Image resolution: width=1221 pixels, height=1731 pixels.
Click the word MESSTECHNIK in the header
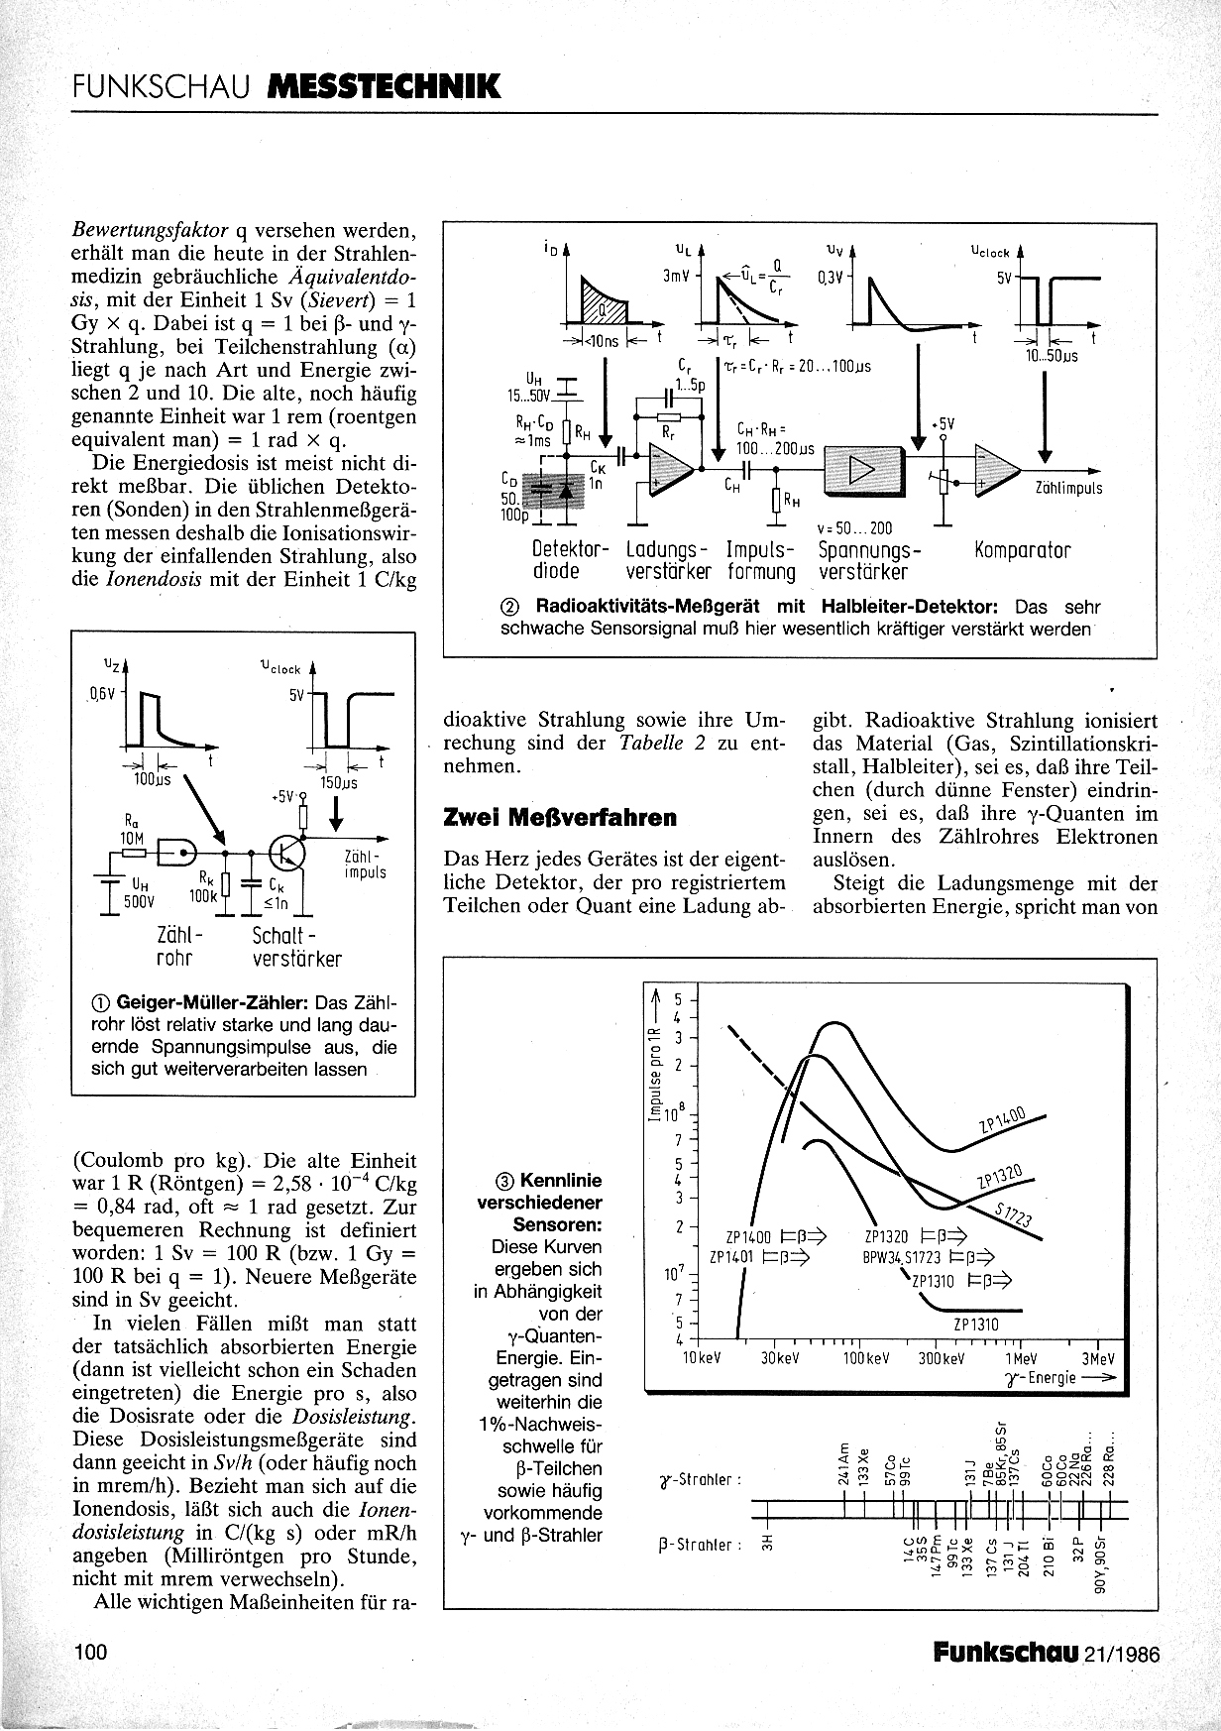pos(384,87)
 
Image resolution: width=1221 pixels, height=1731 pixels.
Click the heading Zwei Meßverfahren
pos(560,818)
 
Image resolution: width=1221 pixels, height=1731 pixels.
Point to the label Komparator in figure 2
pos(1022,550)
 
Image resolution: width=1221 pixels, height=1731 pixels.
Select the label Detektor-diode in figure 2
pos(568,561)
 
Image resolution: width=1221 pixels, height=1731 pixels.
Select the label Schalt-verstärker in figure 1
pos(296,947)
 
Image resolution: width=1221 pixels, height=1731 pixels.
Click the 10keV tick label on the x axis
pos(701,1357)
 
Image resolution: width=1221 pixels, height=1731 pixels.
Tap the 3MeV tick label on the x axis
pos(1098,1357)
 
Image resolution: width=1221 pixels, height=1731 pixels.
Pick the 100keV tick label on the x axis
pos(865,1357)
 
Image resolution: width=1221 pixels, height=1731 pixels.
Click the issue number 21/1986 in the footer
pos(1122,1653)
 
